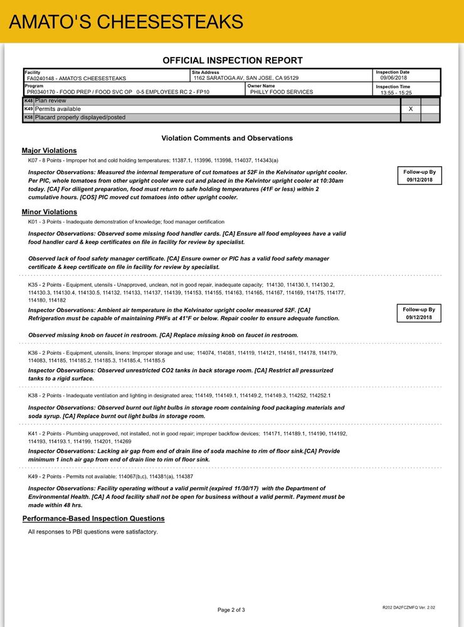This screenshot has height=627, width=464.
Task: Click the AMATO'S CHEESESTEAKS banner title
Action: point(126,22)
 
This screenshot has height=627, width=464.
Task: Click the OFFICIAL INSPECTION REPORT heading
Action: point(232,61)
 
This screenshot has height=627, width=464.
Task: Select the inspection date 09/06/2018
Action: point(394,78)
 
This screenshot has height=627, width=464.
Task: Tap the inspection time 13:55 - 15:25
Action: point(396,92)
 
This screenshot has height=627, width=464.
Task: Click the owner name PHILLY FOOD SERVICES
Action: point(282,92)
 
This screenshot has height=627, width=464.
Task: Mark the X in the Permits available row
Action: point(411,109)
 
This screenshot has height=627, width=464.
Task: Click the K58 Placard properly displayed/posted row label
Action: point(80,117)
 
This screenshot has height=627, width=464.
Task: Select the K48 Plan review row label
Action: point(50,100)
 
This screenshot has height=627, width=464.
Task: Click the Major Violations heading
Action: point(49,150)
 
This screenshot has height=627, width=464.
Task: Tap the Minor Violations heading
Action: point(49,212)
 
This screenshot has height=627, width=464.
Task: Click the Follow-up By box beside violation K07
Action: point(419,176)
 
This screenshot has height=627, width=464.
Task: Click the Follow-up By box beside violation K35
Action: point(419,313)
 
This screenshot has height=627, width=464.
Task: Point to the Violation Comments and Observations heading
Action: point(227,138)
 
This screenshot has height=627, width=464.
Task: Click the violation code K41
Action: point(34,434)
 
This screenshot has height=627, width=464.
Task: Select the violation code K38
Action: point(34,396)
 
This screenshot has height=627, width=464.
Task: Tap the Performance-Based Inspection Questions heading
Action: point(93,519)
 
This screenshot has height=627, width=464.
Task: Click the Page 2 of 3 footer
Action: point(231,609)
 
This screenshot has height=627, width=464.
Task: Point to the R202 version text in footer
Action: point(408,607)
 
